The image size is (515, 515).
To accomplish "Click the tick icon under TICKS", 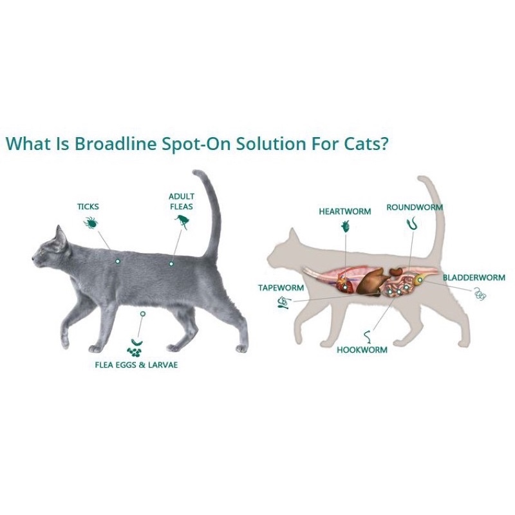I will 90,223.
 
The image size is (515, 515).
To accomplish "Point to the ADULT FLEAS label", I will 181,201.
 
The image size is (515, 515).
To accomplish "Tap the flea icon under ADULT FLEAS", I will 181,221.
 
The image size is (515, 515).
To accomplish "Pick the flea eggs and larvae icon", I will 135,347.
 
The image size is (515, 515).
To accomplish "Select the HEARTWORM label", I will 345,211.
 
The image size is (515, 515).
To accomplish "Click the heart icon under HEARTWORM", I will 346,226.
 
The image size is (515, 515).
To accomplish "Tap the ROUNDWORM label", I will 415,207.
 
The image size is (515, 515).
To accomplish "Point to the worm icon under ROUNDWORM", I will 411,225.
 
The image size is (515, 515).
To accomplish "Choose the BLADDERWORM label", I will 474,277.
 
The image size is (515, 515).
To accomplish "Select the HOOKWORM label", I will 362,350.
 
